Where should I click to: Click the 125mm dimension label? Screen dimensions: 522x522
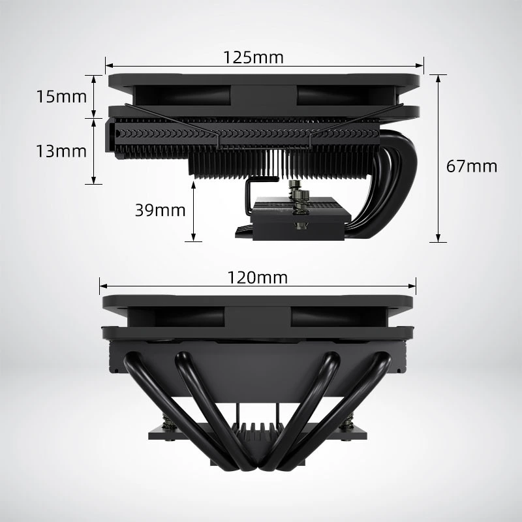click(253, 57)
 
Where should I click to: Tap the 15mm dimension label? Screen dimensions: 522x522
click(61, 97)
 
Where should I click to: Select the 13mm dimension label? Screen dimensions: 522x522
click(61, 151)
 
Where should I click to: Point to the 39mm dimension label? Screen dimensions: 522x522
click(160, 210)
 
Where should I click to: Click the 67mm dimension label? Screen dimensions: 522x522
click(471, 166)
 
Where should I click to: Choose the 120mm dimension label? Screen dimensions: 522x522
click(257, 278)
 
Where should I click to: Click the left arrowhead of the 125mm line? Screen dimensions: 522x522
click(109, 66)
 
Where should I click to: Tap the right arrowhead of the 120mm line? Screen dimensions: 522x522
click(412, 286)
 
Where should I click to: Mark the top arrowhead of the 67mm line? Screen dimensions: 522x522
click(438, 78)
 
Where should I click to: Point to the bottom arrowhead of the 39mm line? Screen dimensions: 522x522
click(193, 237)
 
